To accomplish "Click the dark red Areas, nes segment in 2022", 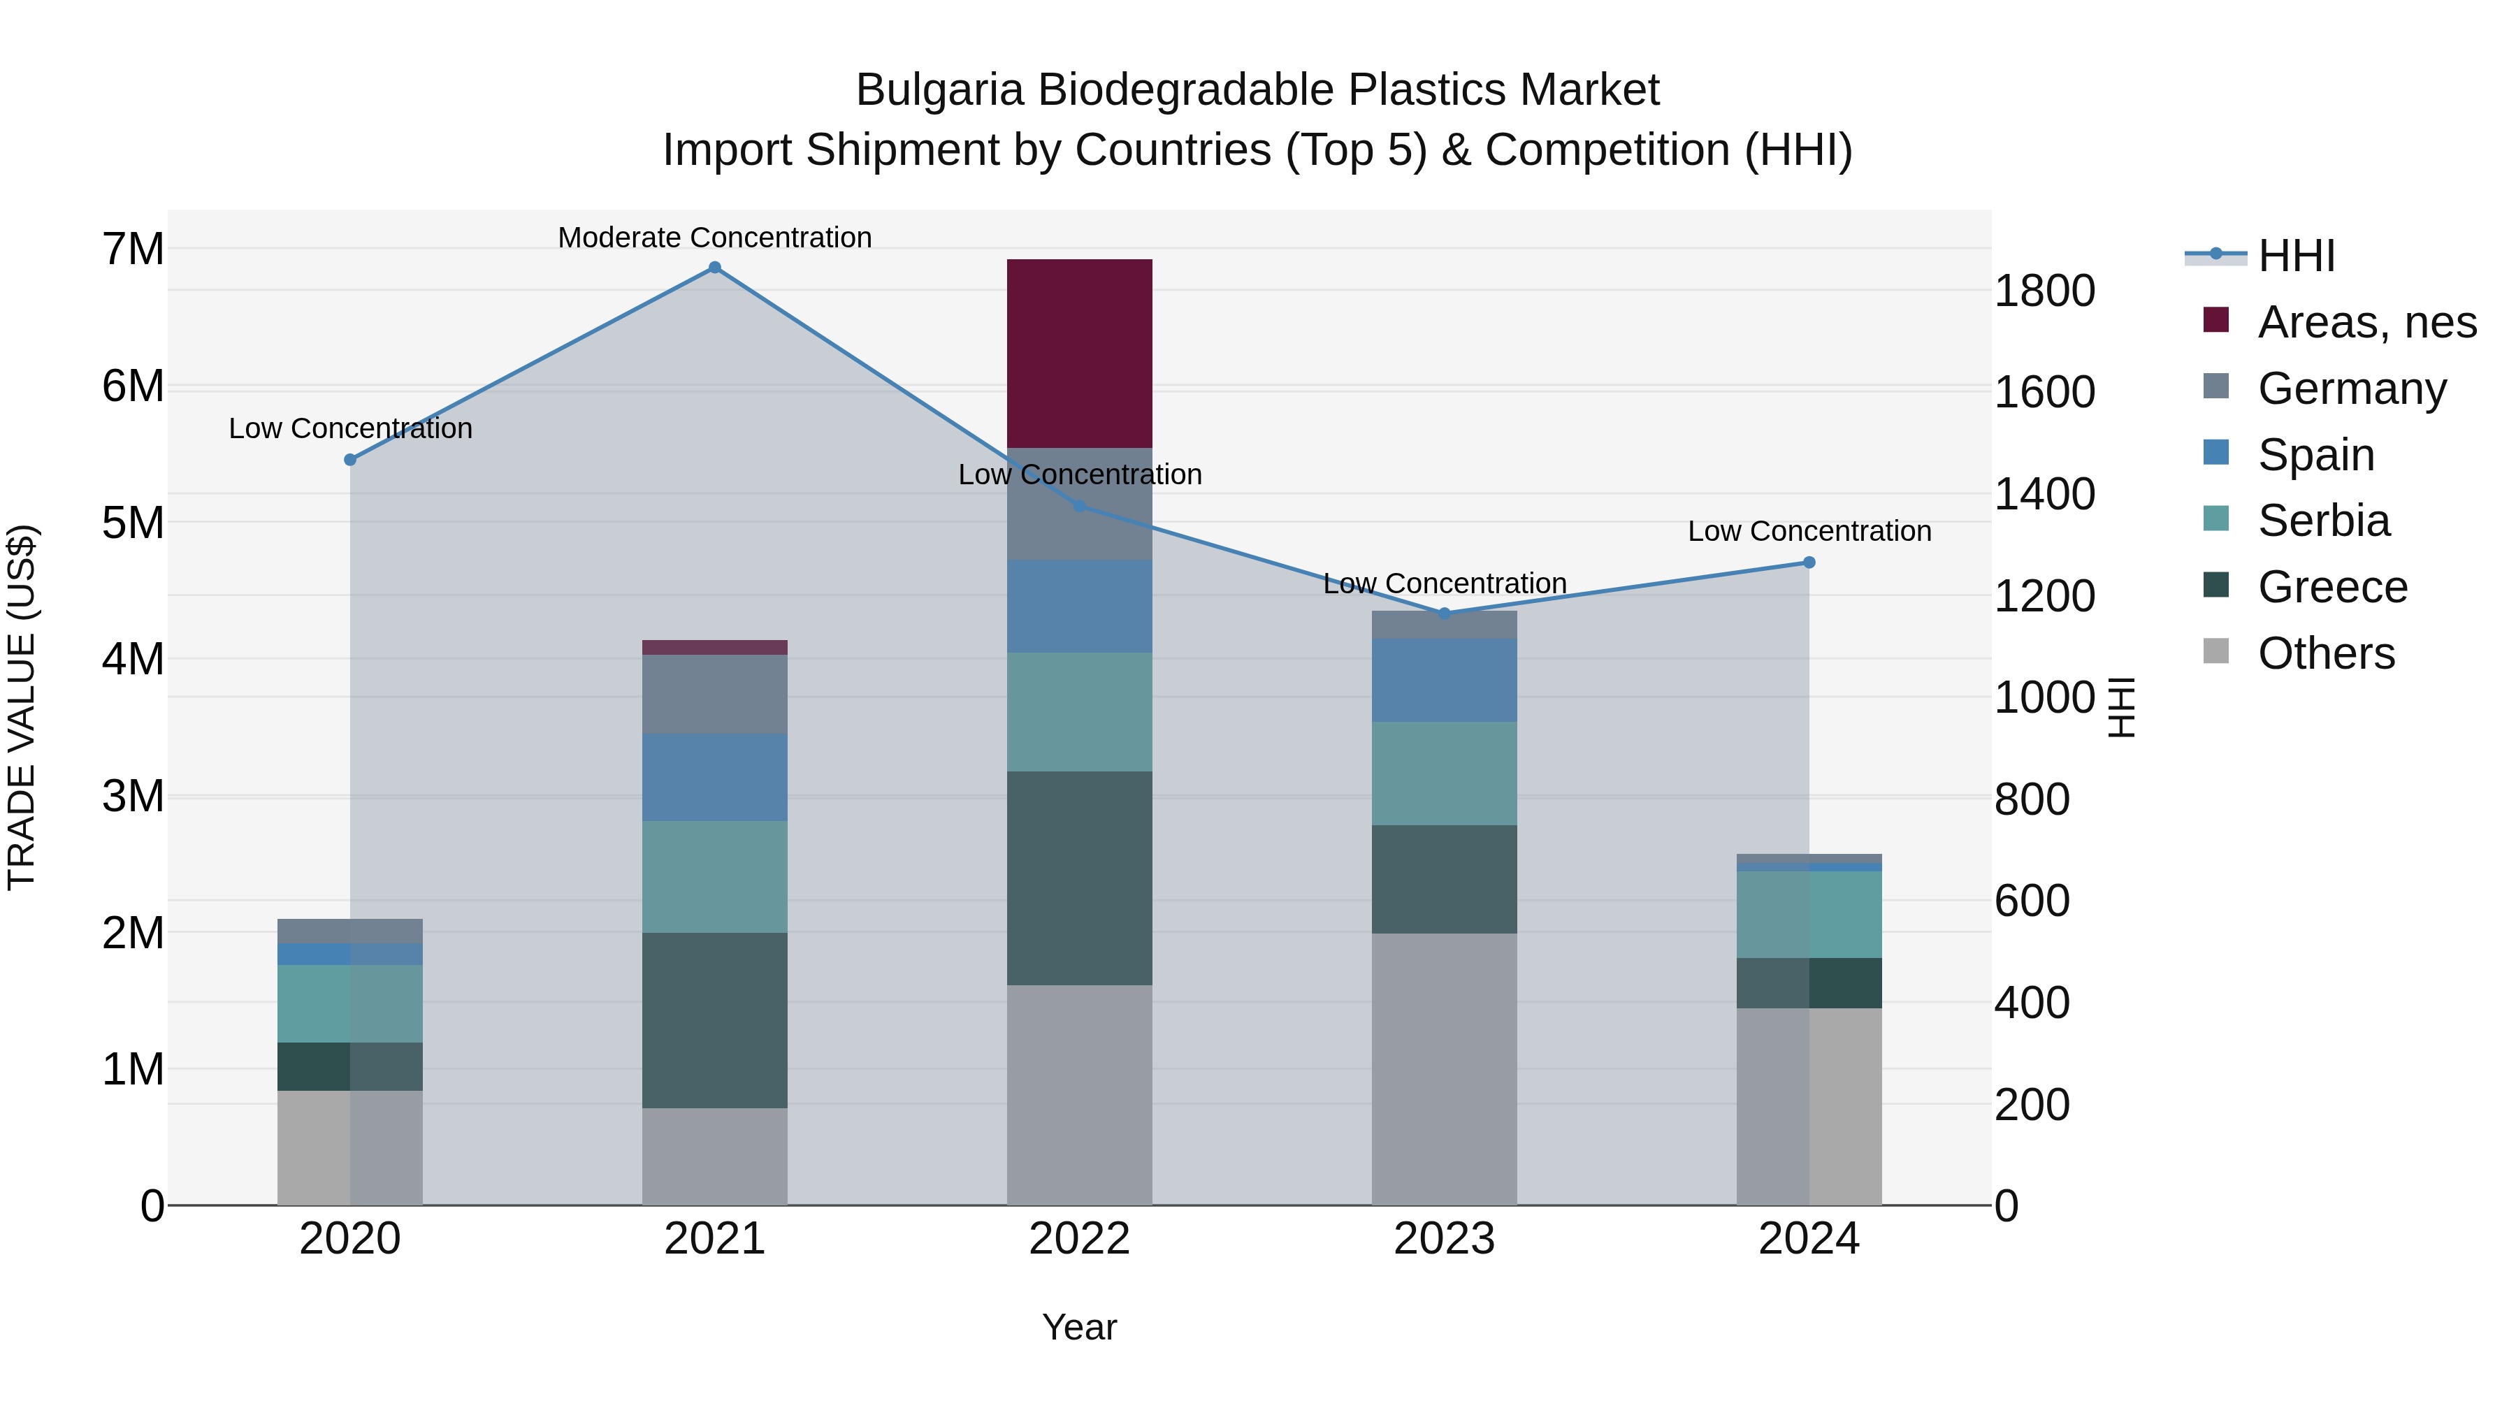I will pyautogui.click(x=1079, y=354).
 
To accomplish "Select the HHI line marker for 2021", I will pyautogui.click(x=715, y=268).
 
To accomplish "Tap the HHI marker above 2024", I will pyautogui.click(x=1809, y=563).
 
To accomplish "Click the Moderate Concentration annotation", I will pyautogui.click(x=715, y=238).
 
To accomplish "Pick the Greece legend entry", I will pyautogui.click(x=2332, y=587).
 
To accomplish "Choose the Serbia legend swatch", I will pyautogui.click(x=2216, y=519).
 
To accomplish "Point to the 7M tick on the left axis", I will pyautogui.click(x=133, y=249).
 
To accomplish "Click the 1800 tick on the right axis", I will pyautogui.click(x=2044, y=291).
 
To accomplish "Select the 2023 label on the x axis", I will pyautogui.click(x=1444, y=1239).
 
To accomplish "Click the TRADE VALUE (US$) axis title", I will pyautogui.click(x=22, y=707).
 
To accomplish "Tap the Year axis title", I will pyautogui.click(x=1079, y=1327).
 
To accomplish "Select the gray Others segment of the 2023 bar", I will pyautogui.click(x=1444, y=1069).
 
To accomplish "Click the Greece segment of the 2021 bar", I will pyautogui.click(x=715, y=1019).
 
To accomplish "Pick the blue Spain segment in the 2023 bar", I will pyautogui.click(x=1444, y=681).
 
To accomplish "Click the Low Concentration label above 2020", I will pyautogui.click(x=351, y=429).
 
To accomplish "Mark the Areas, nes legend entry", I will pyautogui.click(x=2366, y=322).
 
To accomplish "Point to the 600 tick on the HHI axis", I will pyautogui.click(x=2032, y=901).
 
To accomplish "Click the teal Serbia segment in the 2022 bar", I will pyautogui.click(x=1079, y=712).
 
